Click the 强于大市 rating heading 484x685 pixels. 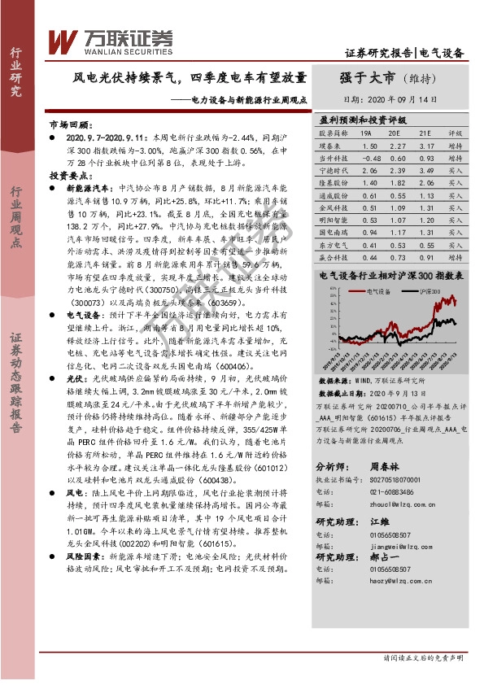pos(367,79)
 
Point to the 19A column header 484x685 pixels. pos(367,132)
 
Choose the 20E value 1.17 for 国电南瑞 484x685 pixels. pos(396,210)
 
